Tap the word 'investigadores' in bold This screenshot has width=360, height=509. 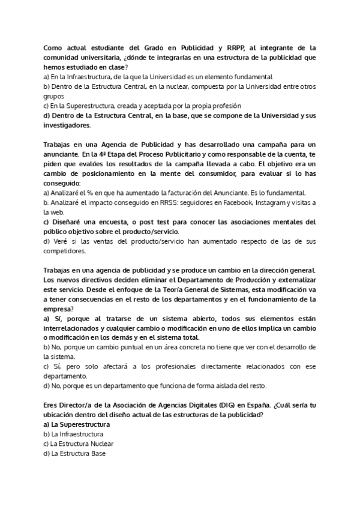tap(67, 125)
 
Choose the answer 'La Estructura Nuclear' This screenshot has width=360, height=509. tap(82, 444)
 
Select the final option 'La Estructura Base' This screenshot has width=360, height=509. tap(78, 453)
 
